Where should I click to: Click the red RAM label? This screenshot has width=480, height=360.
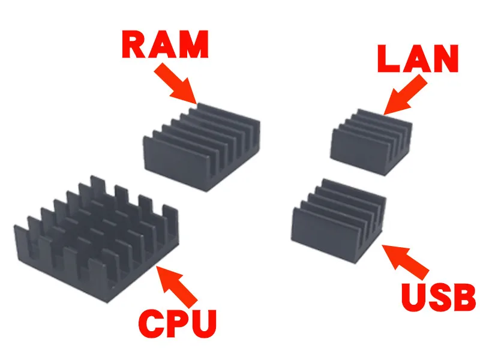(x=166, y=44)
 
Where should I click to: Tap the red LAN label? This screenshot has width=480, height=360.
(x=418, y=58)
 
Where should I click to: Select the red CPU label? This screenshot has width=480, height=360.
(x=178, y=323)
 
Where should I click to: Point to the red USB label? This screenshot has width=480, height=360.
(x=439, y=296)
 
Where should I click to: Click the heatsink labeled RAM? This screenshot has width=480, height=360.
(x=202, y=147)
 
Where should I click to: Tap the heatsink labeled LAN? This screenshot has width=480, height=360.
(x=371, y=142)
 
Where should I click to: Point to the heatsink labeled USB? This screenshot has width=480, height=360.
(x=338, y=220)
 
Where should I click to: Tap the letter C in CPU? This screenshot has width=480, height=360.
(x=151, y=323)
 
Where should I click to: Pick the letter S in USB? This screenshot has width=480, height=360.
(x=439, y=296)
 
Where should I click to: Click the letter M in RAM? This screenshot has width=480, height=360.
(x=194, y=44)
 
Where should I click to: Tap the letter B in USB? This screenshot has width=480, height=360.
(x=464, y=296)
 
